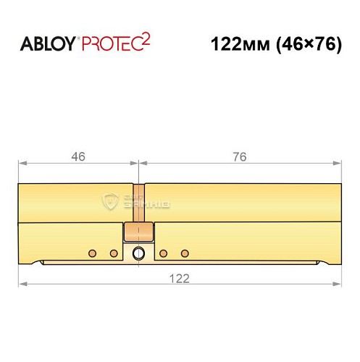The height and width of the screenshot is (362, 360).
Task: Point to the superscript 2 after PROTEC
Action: pyautogui.click(x=146, y=39)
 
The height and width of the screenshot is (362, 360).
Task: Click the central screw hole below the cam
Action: pyautogui.click(x=138, y=253)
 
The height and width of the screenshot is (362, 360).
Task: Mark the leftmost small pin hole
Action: pyautogui.click(x=92, y=253)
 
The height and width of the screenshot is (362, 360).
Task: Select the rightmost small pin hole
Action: pyautogui.click(x=185, y=253)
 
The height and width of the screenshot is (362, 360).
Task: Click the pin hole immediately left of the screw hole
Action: pyautogui.click(x=114, y=253)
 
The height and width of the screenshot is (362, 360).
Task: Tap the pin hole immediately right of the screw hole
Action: pyautogui.click(x=164, y=253)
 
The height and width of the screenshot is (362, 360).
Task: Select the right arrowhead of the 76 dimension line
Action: pyautogui.click(x=337, y=163)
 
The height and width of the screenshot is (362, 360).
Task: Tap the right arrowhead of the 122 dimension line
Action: pyautogui.click(x=337, y=284)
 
